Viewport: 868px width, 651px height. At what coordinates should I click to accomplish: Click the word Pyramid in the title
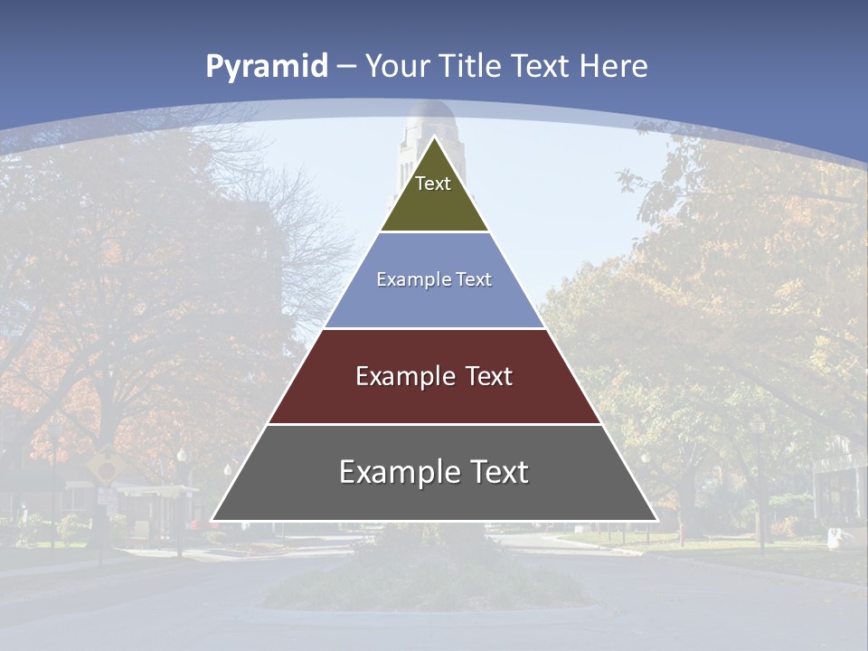(266, 66)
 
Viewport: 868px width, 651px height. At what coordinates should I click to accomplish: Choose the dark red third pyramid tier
(434, 398)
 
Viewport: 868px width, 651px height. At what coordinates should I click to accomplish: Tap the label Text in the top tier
(433, 184)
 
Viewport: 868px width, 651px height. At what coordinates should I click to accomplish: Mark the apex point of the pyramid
(434, 137)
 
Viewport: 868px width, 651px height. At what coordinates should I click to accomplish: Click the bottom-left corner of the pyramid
(212, 521)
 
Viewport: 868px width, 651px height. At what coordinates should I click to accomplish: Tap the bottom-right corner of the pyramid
(657, 521)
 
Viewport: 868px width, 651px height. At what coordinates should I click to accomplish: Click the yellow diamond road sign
(106, 467)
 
